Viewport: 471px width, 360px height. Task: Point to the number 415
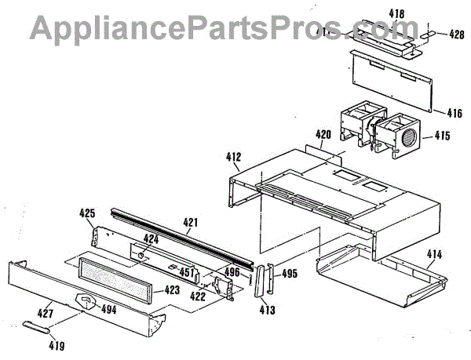coord(441,136)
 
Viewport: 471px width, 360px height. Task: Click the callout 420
coord(323,134)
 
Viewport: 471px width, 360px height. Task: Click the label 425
coord(88,213)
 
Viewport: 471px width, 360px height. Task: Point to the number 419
coord(57,344)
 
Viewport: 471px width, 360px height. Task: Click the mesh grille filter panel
coord(118,278)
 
